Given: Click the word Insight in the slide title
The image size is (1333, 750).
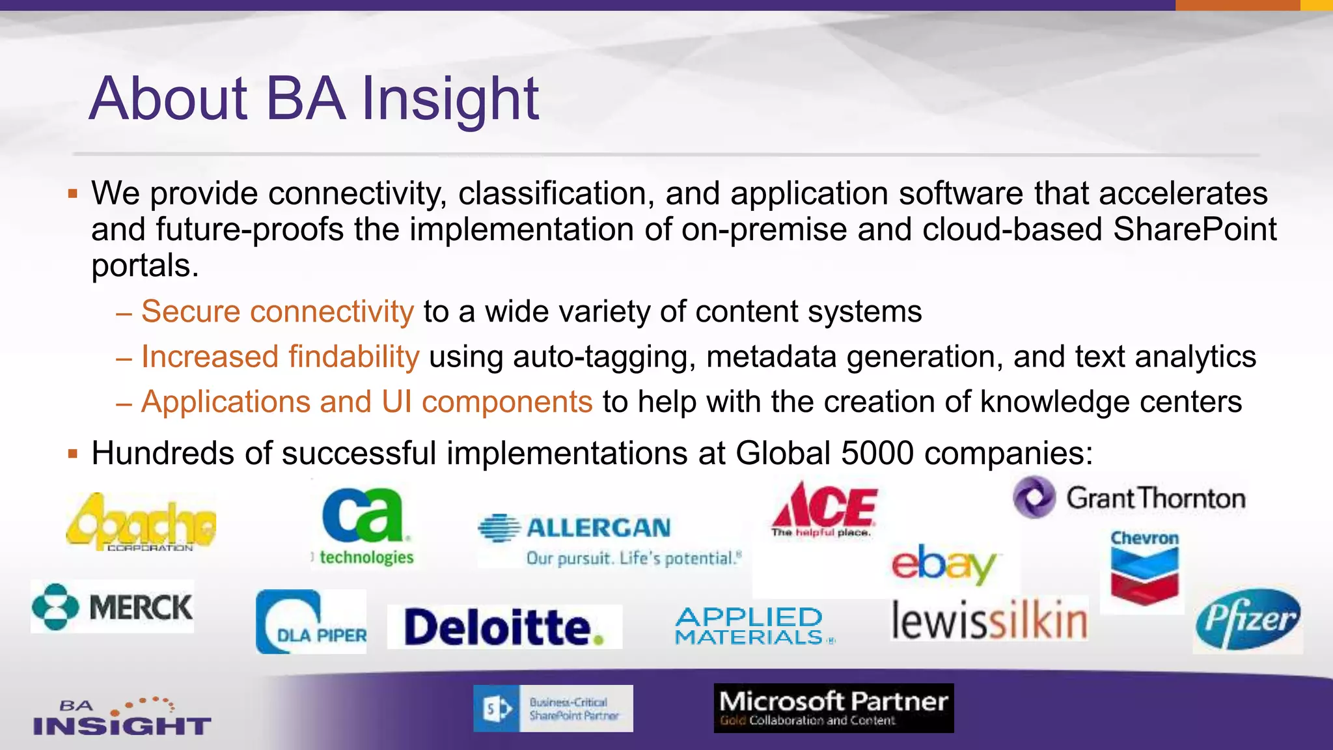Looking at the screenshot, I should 450,99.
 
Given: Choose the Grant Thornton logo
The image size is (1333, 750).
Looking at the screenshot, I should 1129,498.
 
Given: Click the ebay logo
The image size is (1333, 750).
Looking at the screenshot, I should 944,564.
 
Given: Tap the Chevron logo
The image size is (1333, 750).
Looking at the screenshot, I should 1144,568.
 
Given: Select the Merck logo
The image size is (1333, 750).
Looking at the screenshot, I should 113,607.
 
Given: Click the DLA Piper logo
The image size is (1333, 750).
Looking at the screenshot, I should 311,622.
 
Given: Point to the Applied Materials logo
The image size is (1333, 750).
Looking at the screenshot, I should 752,626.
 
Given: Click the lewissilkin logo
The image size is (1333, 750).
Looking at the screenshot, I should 989,620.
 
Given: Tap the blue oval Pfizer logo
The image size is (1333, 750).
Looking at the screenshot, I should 1247,619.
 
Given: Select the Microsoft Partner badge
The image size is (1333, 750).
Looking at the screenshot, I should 833,708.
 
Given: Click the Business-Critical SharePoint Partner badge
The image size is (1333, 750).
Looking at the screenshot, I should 553,708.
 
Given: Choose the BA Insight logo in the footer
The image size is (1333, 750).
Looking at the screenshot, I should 122,717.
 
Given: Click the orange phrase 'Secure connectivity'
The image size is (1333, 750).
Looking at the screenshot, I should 277,311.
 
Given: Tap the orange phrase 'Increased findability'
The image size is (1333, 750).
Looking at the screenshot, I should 280,357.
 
